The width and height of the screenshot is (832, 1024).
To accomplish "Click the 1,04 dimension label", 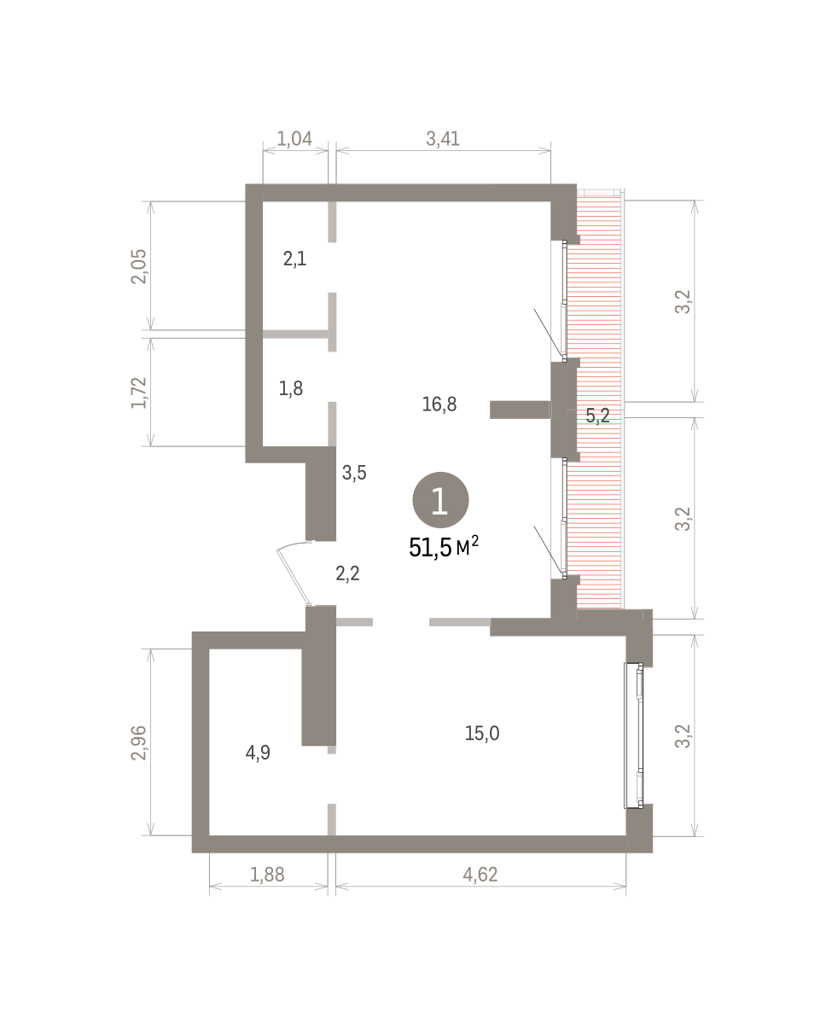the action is [294, 138].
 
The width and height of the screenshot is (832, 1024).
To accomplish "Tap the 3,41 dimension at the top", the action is [443, 138].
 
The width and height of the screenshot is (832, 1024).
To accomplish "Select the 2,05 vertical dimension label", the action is [139, 266].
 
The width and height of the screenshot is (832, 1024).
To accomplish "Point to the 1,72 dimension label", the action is [139, 393].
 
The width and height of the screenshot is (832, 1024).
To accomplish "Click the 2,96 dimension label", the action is [139, 742].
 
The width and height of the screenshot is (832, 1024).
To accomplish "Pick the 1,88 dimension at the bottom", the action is [267, 875].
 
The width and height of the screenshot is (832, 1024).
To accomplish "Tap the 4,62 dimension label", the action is [480, 875].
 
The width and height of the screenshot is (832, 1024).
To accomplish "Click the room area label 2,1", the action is [294, 259].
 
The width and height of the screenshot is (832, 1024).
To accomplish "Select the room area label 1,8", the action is [291, 388].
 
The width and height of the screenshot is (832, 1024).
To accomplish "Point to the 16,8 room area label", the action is [439, 404].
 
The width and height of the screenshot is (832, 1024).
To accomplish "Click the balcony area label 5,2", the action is [598, 416].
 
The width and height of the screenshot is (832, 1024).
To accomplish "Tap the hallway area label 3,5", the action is [354, 473].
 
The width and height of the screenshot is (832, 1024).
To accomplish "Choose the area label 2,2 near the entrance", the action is [347, 573].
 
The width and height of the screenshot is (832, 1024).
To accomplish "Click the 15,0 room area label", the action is [482, 733].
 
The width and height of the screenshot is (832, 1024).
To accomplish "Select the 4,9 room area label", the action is [258, 753].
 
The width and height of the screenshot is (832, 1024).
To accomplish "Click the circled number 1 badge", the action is [440, 500].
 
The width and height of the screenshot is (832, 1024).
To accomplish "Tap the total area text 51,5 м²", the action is [444, 547].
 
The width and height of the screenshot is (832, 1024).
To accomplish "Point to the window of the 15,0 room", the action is [633, 736].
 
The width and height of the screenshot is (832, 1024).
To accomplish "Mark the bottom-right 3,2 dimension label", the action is [683, 736].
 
